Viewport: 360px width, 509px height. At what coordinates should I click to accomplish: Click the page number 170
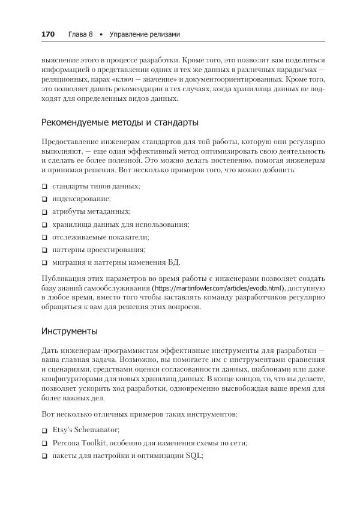pyautogui.click(x=48, y=34)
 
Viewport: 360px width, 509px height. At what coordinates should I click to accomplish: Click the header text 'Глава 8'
pyautogui.click(x=80, y=34)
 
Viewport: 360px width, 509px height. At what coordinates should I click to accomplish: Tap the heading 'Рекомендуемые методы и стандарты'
pyautogui.click(x=120, y=123)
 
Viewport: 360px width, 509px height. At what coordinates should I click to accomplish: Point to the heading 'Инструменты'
pyautogui.click(x=70, y=331)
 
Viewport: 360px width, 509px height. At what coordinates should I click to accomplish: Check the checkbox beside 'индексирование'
pyautogui.click(x=44, y=199)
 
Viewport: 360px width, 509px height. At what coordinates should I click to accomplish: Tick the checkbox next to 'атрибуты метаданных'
pyautogui.click(x=44, y=212)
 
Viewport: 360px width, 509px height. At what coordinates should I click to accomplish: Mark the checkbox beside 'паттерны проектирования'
pyautogui.click(x=44, y=250)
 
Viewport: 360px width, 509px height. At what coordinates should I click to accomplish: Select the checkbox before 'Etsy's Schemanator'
pyautogui.click(x=44, y=431)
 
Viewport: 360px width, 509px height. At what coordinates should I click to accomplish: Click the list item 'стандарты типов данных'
pyautogui.click(x=96, y=187)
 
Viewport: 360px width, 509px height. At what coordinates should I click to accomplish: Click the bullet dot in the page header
pyautogui.click(x=102, y=34)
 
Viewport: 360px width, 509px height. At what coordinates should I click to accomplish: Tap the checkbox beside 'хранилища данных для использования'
pyautogui.click(x=44, y=224)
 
